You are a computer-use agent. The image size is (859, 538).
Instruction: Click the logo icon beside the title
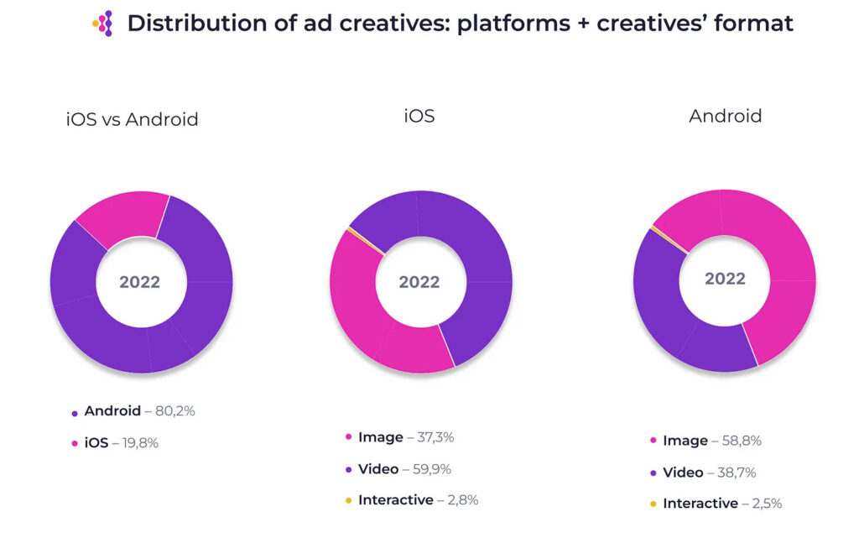pyautogui.click(x=103, y=24)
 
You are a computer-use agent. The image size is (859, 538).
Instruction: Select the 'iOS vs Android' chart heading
pyautogui.click(x=133, y=119)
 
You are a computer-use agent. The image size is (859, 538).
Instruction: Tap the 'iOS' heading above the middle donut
pyautogui.click(x=419, y=116)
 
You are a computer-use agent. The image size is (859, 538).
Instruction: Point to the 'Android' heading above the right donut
pyautogui.click(x=726, y=116)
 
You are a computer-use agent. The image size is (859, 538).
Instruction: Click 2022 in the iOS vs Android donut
pyautogui.click(x=139, y=282)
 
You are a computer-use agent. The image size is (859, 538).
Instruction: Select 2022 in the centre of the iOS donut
pyautogui.click(x=419, y=282)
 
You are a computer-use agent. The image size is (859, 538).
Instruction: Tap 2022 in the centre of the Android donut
pyautogui.click(x=725, y=279)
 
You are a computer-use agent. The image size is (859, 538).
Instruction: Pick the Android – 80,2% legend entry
pyautogui.click(x=139, y=412)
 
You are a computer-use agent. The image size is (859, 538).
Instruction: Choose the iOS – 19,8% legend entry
pyautogui.click(x=121, y=442)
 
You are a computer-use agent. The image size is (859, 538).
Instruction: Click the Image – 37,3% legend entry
pyautogui.click(x=405, y=437)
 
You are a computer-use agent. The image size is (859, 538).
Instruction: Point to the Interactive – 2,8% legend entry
pyautogui.click(x=418, y=500)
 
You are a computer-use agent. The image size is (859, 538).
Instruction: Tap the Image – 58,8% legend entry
pyautogui.click(x=711, y=441)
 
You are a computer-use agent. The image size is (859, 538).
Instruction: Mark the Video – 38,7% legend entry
pyautogui.click(x=709, y=473)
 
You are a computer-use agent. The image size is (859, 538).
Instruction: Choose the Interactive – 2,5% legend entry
pyautogui.click(x=722, y=504)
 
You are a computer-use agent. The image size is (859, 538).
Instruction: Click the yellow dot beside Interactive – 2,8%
pyautogui.click(x=347, y=501)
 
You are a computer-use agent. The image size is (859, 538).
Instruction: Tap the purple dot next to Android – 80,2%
pyautogui.click(x=75, y=413)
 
